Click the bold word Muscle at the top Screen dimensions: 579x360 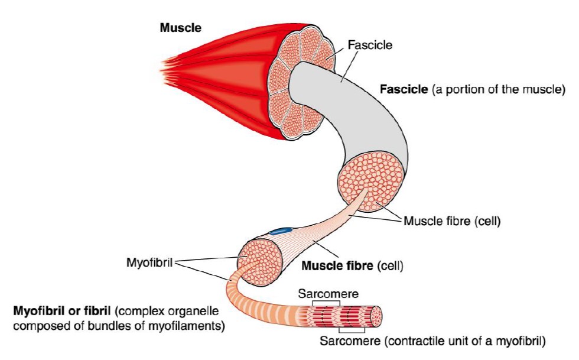pyautogui.click(x=181, y=28)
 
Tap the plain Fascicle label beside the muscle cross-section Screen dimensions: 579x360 pyautogui.click(x=370, y=45)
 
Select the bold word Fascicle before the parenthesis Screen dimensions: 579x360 pyautogui.click(x=404, y=89)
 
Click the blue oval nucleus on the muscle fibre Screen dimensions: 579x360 pyautogui.click(x=280, y=231)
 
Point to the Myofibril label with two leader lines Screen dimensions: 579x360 pyautogui.click(x=149, y=262)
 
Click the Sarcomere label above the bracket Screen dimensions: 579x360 pyautogui.click(x=328, y=293)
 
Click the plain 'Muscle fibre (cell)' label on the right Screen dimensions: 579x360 pyautogui.click(x=452, y=221)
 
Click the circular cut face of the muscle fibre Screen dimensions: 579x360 pyautogui.click(x=261, y=262)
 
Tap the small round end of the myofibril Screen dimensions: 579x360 pyautogui.click(x=377, y=317)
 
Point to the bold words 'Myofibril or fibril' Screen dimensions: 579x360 pyautogui.click(x=61, y=311)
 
